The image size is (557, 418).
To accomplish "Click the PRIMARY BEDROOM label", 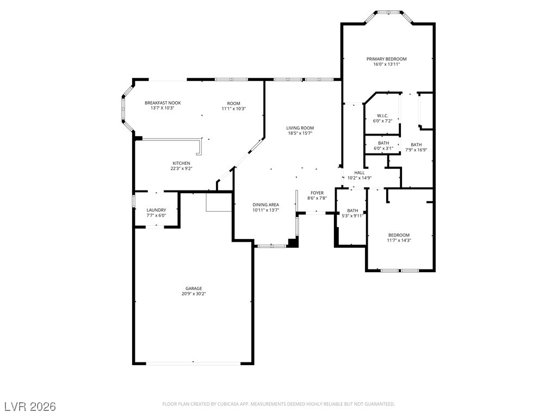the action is [x=387, y=59].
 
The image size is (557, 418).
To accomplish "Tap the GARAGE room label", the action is [x=194, y=288].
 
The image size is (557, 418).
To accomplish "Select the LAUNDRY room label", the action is [x=156, y=210].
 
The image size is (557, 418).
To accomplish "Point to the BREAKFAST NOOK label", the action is [x=163, y=103].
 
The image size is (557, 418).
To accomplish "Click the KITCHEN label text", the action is [x=181, y=163].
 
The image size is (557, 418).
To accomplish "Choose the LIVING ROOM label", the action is [x=300, y=128].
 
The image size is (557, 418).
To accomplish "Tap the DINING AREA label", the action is [x=265, y=205].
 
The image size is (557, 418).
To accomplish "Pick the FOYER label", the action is [x=317, y=193].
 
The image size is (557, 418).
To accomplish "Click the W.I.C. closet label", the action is [x=382, y=116].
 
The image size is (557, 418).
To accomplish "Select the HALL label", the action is [x=359, y=173].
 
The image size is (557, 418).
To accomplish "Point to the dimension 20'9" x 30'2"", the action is [x=194, y=294].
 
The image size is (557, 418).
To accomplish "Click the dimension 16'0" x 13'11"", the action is [x=387, y=64].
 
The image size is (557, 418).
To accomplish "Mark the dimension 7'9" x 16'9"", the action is [x=416, y=150].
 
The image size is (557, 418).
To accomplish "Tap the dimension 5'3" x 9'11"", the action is [x=352, y=216].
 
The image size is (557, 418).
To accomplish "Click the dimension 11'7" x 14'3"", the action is [x=399, y=240].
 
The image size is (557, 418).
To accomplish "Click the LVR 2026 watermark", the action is [x=30, y=406].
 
